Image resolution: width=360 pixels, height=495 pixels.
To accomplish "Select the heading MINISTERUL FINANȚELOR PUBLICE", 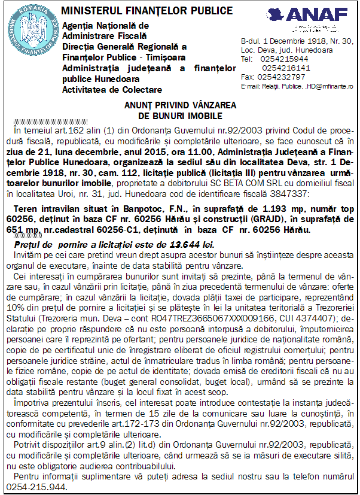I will (147, 11).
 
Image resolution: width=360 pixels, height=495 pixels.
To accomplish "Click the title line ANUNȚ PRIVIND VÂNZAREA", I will (179, 105).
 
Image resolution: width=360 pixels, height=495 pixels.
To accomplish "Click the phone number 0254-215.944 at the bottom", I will (35, 486).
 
